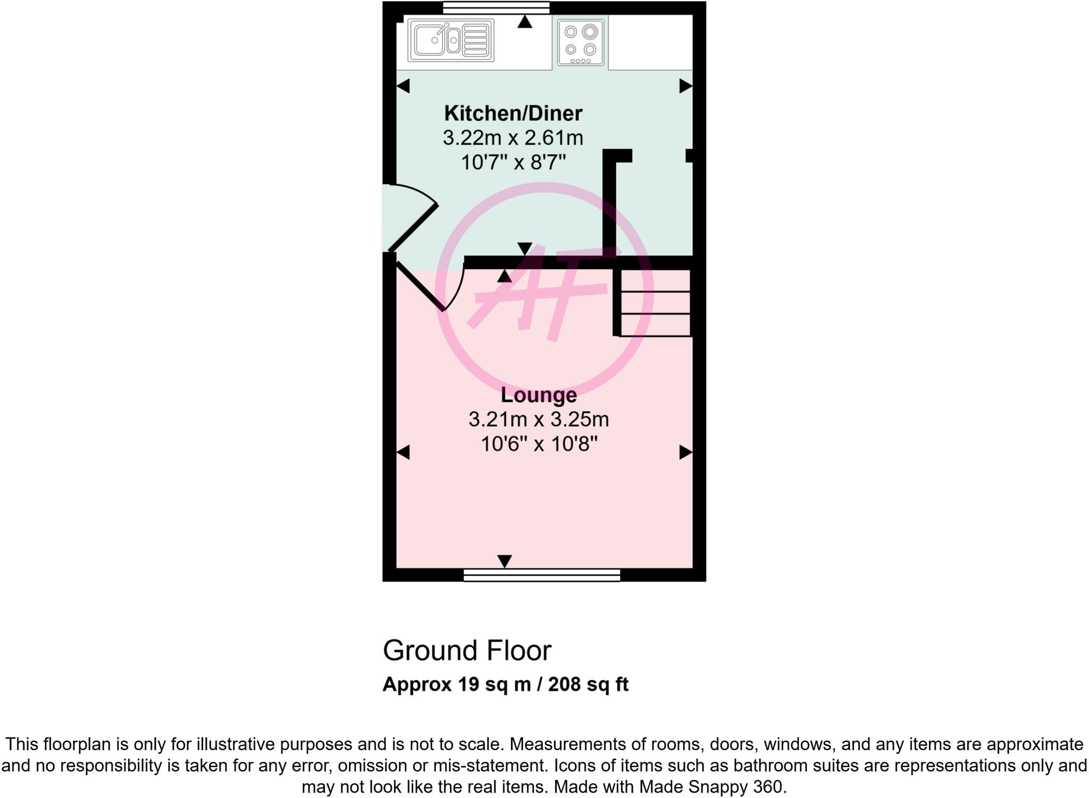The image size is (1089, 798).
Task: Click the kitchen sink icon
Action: click(x=451, y=40)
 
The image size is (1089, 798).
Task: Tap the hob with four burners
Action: click(x=580, y=42)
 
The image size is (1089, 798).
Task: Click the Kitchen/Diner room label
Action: click(x=513, y=113)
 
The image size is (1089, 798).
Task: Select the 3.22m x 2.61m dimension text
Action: click(x=513, y=138)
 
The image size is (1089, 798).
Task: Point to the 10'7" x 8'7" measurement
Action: click(x=513, y=162)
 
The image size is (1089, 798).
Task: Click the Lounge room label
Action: click(x=539, y=395)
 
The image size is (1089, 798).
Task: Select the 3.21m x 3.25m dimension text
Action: click(x=539, y=420)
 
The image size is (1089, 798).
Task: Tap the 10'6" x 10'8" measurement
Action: click(x=539, y=444)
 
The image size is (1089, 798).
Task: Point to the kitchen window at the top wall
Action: click(x=496, y=7)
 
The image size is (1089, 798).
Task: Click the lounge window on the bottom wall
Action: click(x=541, y=575)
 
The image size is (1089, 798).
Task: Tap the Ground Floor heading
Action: click(x=467, y=651)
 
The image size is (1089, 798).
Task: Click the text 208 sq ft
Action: click(x=588, y=684)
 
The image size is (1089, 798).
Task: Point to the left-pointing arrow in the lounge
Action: click(x=403, y=453)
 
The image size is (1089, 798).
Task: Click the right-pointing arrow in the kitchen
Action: click(x=686, y=86)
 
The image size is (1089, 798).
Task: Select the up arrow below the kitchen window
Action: click(x=525, y=22)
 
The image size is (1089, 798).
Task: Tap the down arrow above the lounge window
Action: click(x=505, y=561)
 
